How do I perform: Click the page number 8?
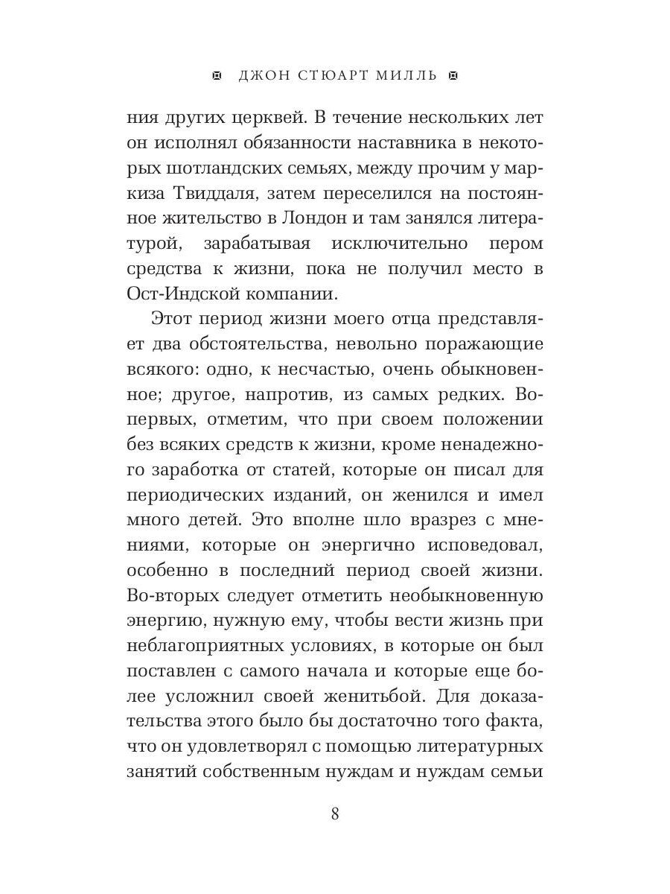[335, 814]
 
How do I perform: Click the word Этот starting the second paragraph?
[173, 318]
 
